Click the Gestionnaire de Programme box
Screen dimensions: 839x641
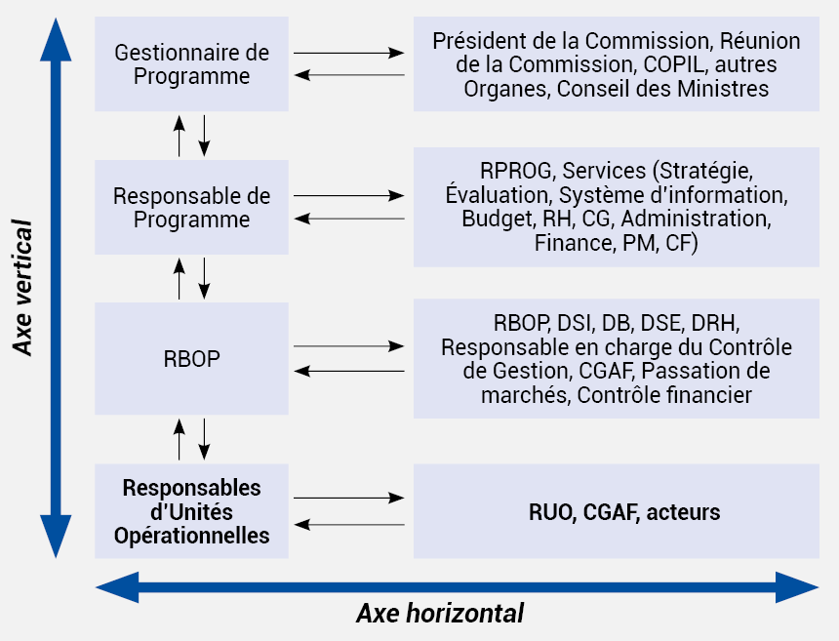click(191, 63)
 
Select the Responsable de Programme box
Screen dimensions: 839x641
click(191, 207)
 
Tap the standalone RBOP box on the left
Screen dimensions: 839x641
click(191, 358)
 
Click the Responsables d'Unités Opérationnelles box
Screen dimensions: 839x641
click(191, 511)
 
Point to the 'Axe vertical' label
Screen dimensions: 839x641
click(22, 287)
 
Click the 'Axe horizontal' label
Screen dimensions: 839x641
click(440, 613)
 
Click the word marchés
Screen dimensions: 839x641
click(525, 395)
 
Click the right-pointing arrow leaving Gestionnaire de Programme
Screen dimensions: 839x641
click(349, 53)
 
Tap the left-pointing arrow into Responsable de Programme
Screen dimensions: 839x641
click(349, 219)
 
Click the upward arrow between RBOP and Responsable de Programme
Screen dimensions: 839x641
click(180, 278)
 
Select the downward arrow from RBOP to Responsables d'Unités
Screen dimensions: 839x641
click(204, 439)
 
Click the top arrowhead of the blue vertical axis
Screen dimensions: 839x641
click(56, 40)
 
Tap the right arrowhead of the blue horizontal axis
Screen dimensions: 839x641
click(797, 587)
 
